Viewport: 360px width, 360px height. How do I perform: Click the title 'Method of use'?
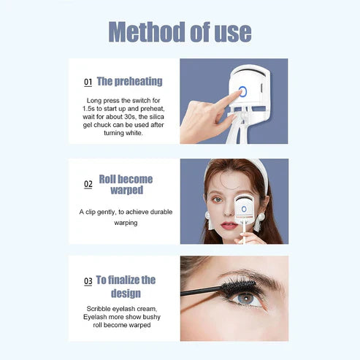point(180,31)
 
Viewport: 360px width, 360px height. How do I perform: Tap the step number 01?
point(88,83)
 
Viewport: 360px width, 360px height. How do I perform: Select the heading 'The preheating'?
point(129,81)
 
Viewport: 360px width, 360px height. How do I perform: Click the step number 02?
point(88,185)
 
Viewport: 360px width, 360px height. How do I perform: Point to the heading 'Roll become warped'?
point(126,184)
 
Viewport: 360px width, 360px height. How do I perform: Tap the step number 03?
point(88,281)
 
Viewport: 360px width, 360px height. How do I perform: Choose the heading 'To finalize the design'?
point(126,286)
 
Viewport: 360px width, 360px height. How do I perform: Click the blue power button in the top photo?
point(242,92)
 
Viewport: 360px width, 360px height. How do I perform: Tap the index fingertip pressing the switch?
point(235,96)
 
